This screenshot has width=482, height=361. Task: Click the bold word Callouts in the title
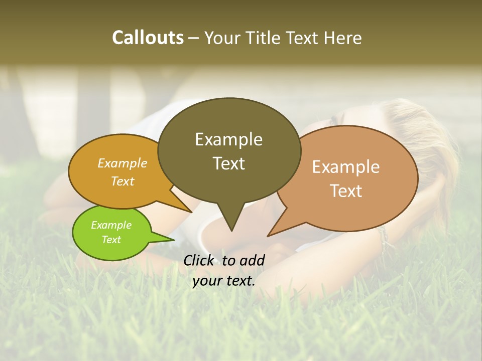click(x=148, y=38)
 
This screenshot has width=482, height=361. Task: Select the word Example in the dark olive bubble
click(x=228, y=139)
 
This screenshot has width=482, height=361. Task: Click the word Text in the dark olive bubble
click(x=228, y=163)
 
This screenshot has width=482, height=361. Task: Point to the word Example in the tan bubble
click(x=346, y=167)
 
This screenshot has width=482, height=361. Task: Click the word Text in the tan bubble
click(x=346, y=191)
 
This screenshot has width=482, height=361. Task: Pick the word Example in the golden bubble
click(x=123, y=163)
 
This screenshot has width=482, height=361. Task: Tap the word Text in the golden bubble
click(x=123, y=181)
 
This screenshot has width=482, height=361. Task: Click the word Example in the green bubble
click(x=111, y=225)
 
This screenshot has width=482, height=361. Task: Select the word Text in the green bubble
click(x=111, y=240)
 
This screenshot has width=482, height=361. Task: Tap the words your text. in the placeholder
click(x=224, y=281)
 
